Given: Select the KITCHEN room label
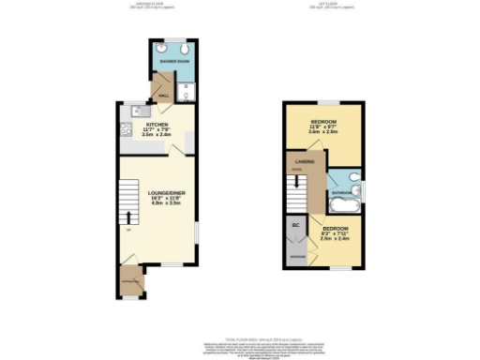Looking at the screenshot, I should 155,123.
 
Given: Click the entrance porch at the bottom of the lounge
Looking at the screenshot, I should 128,278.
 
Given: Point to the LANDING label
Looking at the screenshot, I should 305,161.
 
